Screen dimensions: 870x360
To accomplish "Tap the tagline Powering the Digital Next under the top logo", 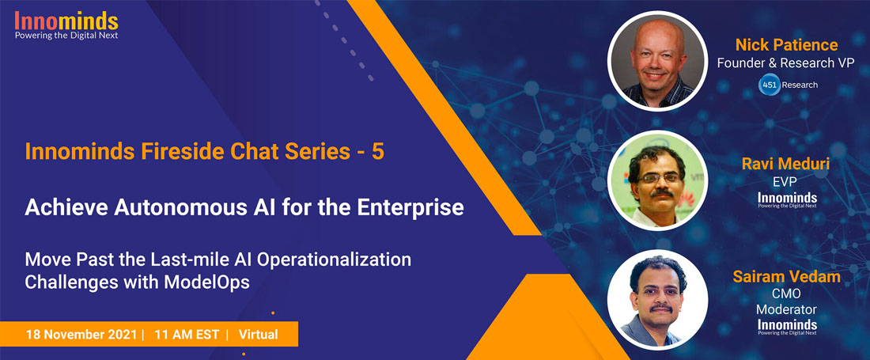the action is pyautogui.click(x=66, y=36).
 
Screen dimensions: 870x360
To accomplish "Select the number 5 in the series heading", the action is pyautogui.click(x=378, y=151).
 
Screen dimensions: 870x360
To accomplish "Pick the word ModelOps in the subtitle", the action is pyautogui.click(x=207, y=282).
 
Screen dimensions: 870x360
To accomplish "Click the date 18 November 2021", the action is pyautogui.click(x=81, y=335).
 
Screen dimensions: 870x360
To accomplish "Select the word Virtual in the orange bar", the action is pyautogui.click(x=259, y=335).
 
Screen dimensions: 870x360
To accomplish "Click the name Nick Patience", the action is pyautogui.click(x=786, y=44).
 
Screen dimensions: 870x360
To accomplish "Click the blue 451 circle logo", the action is pyautogui.click(x=770, y=85).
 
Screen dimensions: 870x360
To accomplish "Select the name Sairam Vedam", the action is pyautogui.click(x=787, y=277).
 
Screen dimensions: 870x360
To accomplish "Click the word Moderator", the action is pyautogui.click(x=787, y=309).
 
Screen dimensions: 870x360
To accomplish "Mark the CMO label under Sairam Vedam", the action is pyautogui.click(x=787, y=294).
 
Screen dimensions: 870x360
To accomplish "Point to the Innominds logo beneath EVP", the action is pyautogui.click(x=787, y=199).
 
